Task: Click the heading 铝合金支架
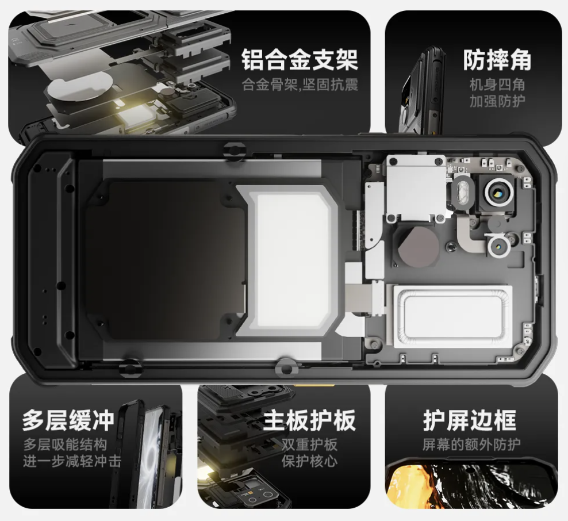(300, 60)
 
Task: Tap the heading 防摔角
(497, 60)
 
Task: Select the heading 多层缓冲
(68, 420)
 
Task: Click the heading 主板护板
(309, 420)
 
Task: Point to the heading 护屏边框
(470, 420)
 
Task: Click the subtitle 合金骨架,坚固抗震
(300, 85)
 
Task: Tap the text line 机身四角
(497, 85)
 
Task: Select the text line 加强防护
(497, 101)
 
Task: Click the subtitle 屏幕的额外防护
(471, 444)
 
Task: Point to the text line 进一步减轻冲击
(72, 461)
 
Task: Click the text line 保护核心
(309, 461)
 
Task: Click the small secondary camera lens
(500, 246)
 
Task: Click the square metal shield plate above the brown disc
(416, 189)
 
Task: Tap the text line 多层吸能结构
(65, 444)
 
